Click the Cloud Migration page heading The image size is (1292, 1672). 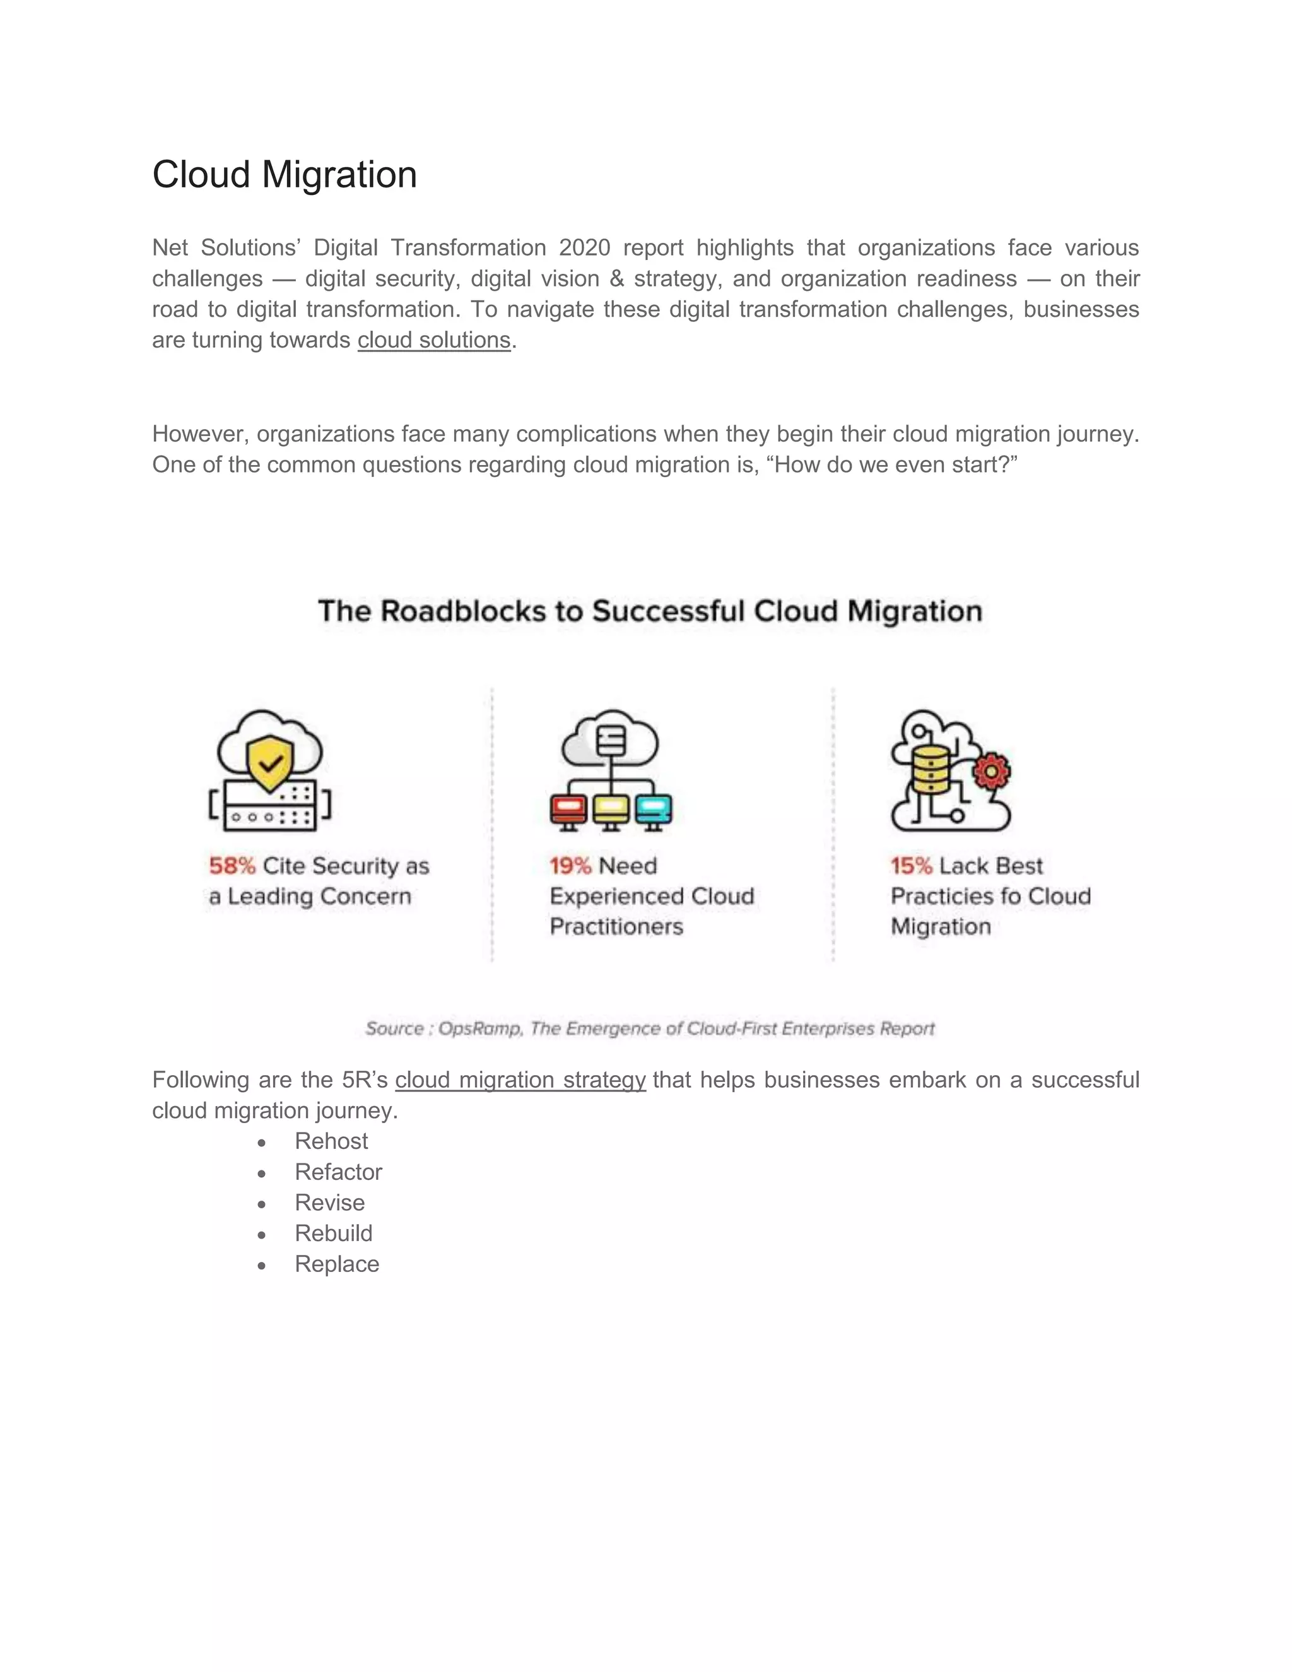tap(284, 175)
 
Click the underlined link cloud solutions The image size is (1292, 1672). tap(433, 340)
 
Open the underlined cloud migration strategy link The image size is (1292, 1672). tap(520, 1080)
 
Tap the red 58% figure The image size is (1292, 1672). tap(232, 866)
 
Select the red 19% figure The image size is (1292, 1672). tap(570, 866)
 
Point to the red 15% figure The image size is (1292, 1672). tap(911, 866)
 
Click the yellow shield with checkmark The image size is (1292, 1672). tap(270, 763)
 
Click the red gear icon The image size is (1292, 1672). tap(991, 772)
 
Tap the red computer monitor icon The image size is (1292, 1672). tap(568, 810)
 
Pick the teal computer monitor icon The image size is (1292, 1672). tap(653, 810)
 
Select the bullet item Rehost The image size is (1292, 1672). tap(331, 1141)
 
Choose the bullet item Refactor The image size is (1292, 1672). tap(338, 1172)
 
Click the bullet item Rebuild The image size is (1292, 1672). tap(333, 1233)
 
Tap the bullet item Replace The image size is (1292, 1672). tap(337, 1264)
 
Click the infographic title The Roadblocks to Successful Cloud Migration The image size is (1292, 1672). tap(650, 611)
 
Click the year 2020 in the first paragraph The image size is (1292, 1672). tap(584, 248)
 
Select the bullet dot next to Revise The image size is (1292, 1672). tap(262, 1203)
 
